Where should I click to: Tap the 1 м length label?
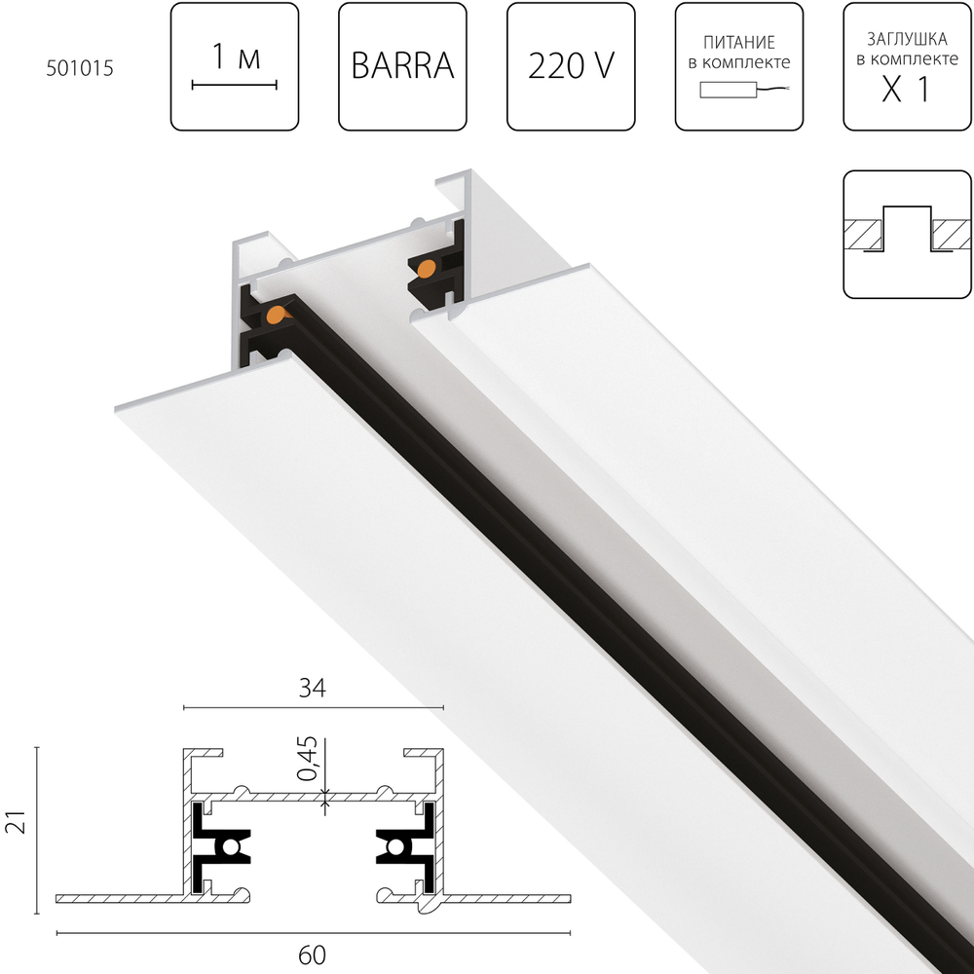click(235, 58)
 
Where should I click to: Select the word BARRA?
click(402, 66)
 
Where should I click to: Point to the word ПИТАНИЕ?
click(740, 43)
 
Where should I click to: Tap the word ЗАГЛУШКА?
click(908, 40)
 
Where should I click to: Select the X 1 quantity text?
click(907, 90)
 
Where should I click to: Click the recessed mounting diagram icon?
click(908, 234)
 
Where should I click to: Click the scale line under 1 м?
click(235, 86)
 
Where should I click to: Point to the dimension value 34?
click(312, 688)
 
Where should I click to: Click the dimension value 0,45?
click(308, 760)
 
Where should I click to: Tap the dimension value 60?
click(312, 955)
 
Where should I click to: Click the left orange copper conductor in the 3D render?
click(278, 314)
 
